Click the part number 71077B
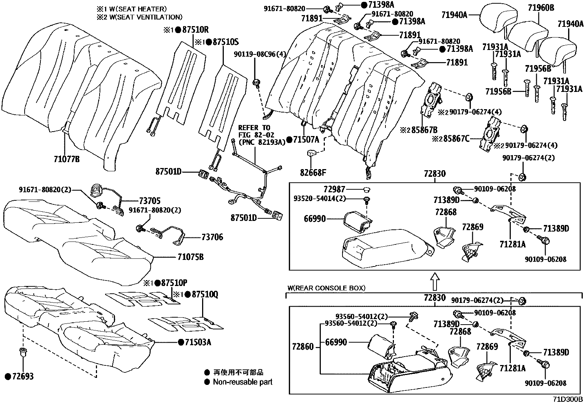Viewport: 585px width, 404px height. (x=67, y=160)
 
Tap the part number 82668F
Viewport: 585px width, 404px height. (x=313, y=172)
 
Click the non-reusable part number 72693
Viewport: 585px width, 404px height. (x=22, y=376)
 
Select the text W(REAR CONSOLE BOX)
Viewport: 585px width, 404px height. (x=326, y=288)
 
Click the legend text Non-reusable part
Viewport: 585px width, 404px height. (x=243, y=382)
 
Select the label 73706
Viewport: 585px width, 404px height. (x=212, y=237)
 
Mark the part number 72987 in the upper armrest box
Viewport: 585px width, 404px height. (x=334, y=189)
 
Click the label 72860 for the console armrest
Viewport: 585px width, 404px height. (x=303, y=347)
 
